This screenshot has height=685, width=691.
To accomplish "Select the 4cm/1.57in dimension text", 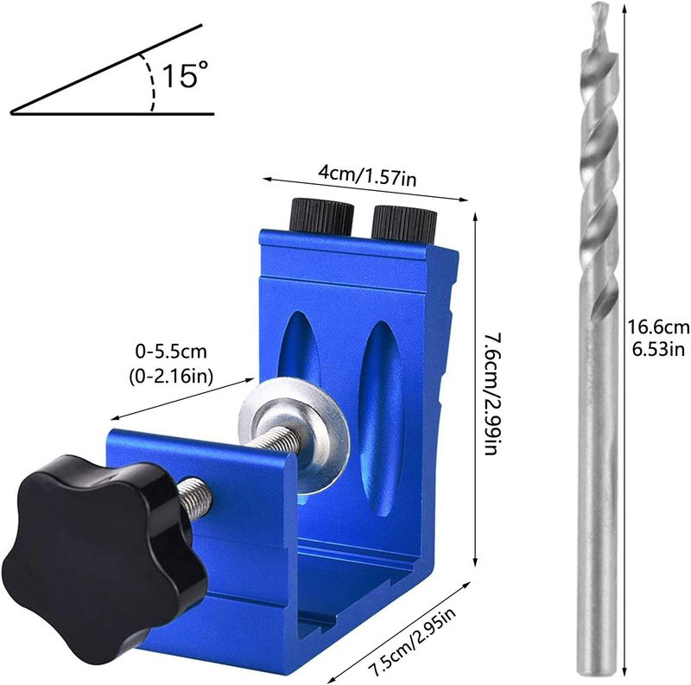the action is [x=366, y=176].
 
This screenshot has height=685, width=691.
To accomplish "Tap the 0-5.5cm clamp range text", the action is [x=171, y=352].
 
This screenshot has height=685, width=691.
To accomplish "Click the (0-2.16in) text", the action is [x=171, y=376].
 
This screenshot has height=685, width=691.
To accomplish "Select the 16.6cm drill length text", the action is [x=659, y=327].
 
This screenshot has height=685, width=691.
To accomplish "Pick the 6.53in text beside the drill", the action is [x=659, y=349].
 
